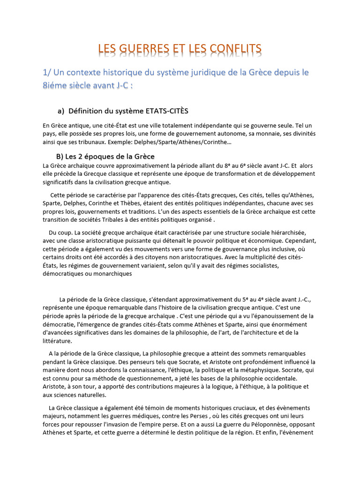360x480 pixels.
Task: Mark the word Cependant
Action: point(297,241)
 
